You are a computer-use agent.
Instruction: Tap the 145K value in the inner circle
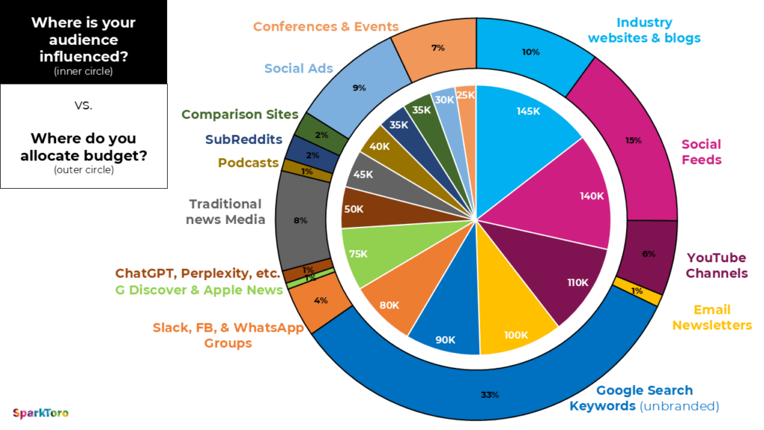527,111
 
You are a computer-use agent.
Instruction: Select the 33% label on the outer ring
489,394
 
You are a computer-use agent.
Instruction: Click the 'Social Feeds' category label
701,152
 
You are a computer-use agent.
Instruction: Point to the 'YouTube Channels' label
716,265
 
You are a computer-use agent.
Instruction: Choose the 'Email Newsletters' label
712,317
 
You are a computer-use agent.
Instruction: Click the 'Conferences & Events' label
325,27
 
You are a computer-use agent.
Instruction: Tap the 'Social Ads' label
298,69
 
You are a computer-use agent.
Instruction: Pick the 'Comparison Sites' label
239,115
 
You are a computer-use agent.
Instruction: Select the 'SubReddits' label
243,139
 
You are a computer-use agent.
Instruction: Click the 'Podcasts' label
248,163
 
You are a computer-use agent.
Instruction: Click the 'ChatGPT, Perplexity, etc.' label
198,273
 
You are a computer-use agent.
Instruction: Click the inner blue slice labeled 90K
445,340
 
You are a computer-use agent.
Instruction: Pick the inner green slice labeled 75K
358,254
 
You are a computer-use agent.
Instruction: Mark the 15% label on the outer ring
633,140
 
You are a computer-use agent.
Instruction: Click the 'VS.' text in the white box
83,105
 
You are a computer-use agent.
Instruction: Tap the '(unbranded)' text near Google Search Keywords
678,407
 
